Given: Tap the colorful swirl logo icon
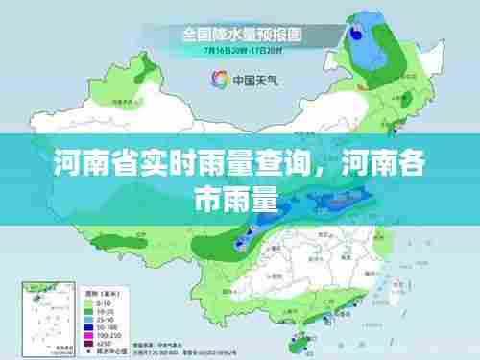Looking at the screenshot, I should [x=211, y=79].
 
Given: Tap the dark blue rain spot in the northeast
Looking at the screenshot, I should [x=358, y=32].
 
